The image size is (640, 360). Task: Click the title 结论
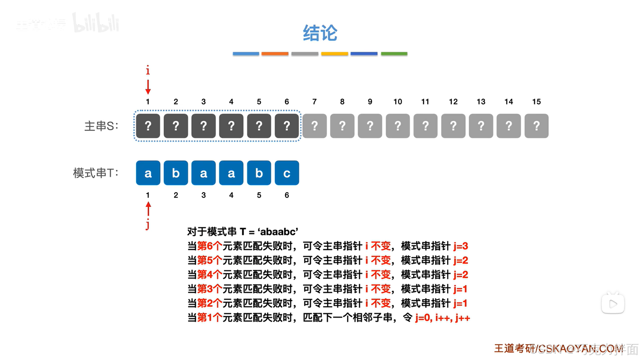(320, 33)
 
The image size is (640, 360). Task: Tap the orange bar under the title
(275, 53)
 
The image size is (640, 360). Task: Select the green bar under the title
(394, 53)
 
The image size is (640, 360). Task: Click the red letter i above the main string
(148, 70)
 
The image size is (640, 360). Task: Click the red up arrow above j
(148, 209)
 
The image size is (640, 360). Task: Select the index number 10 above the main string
(398, 102)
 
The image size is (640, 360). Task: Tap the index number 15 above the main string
(536, 102)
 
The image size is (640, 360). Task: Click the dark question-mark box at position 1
(148, 126)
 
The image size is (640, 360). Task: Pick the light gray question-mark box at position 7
(314, 126)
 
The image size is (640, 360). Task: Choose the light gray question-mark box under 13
(481, 126)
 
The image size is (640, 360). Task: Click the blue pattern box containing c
(287, 173)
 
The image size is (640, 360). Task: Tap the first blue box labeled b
(176, 173)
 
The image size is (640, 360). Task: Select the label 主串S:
(101, 126)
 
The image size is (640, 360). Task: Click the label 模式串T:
(96, 173)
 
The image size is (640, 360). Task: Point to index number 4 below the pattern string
(231, 195)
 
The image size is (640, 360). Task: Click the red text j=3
(461, 246)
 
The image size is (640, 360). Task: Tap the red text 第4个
(209, 275)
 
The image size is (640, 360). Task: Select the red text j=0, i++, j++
(443, 318)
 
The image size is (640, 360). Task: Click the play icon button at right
(613, 304)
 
